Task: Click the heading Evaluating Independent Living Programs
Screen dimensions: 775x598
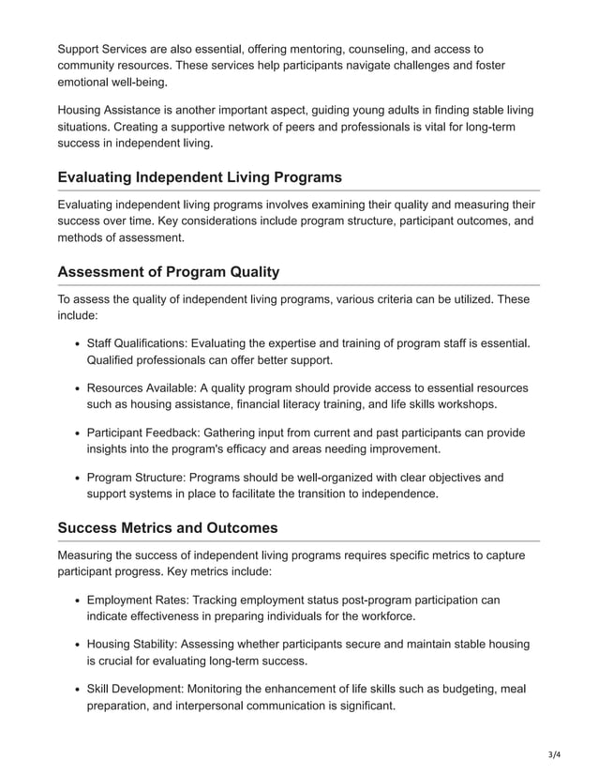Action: [x=200, y=177]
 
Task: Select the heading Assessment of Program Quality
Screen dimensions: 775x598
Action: [x=168, y=272]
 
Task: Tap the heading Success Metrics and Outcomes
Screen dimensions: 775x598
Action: [x=168, y=527]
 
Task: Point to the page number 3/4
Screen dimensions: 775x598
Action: [x=555, y=753]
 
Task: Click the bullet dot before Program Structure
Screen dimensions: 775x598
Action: [x=75, y=479]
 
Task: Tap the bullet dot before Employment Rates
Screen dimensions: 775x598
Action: [x=75, y=600]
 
